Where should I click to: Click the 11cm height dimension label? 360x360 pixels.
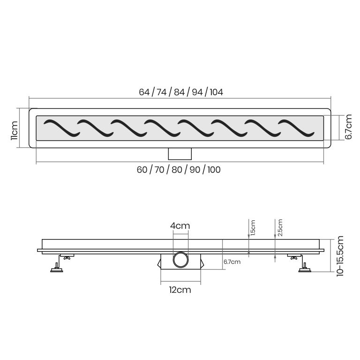[x=14, y=130]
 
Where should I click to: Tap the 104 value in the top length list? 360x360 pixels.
[x=216, y=92]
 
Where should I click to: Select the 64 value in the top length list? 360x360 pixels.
[x=144, y=92]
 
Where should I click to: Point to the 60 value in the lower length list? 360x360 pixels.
[x=142, y=170]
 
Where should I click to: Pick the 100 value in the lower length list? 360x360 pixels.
[x=214, y=170]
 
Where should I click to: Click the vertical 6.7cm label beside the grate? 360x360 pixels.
[x=348, y=127]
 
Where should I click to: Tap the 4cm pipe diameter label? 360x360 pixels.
[x=180, y=226]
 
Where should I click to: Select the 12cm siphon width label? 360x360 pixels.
[x=180, y=290]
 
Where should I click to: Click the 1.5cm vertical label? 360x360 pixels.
[x=253, y=228]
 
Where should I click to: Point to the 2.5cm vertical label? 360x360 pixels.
[x=280, y=228]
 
